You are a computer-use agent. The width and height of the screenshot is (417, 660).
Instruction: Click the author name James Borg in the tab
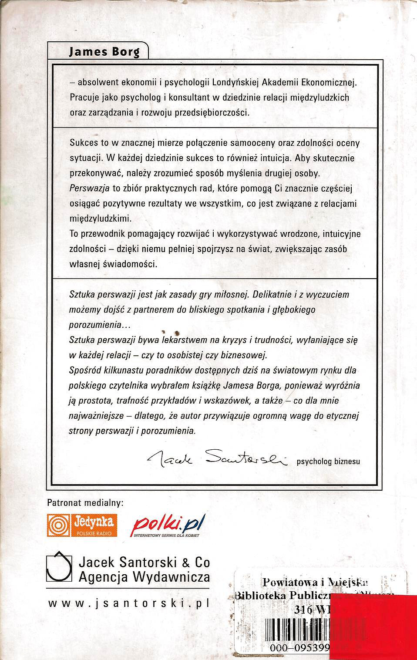pos(104,52)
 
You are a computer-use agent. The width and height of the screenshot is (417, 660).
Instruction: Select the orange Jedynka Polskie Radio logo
pos(82,525)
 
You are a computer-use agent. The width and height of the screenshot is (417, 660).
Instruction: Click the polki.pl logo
pos(168,525)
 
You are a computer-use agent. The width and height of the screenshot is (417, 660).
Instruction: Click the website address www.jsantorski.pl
pos(129,603)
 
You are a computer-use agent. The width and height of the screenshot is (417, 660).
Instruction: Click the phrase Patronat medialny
pos(85,503)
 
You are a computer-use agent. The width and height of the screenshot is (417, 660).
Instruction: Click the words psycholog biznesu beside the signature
pos(328,461)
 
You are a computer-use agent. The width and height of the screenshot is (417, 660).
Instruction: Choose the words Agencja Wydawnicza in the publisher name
pos(144,577)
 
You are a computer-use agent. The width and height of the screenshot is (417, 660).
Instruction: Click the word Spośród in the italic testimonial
pos(85,370)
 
